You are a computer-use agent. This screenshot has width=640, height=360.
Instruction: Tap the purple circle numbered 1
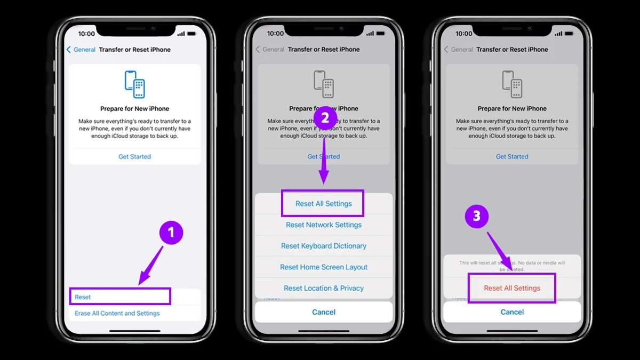point(171,233)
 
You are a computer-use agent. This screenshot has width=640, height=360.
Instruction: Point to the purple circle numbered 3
point(477,216)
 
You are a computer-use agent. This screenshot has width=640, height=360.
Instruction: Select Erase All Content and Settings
point(117,313)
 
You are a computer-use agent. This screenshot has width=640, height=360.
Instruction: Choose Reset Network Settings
point(324,225)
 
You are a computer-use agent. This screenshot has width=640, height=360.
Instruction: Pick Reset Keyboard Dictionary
point(324,246)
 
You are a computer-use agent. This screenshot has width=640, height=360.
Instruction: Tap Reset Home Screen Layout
point(324,267)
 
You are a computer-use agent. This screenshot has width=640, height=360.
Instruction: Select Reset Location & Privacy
point(324,288)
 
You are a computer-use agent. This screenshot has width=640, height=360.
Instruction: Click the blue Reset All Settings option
point(324,204)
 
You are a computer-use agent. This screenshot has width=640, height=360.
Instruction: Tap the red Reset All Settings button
point(512,288)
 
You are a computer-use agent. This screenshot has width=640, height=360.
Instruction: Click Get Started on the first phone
point(134,157)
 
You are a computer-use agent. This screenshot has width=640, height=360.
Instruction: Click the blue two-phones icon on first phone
point(134,84)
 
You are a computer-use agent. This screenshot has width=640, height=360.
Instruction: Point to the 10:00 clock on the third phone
point(463,34)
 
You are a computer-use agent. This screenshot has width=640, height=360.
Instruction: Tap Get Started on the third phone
point(512,157)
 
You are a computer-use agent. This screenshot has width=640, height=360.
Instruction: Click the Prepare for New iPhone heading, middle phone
point(324,108)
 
